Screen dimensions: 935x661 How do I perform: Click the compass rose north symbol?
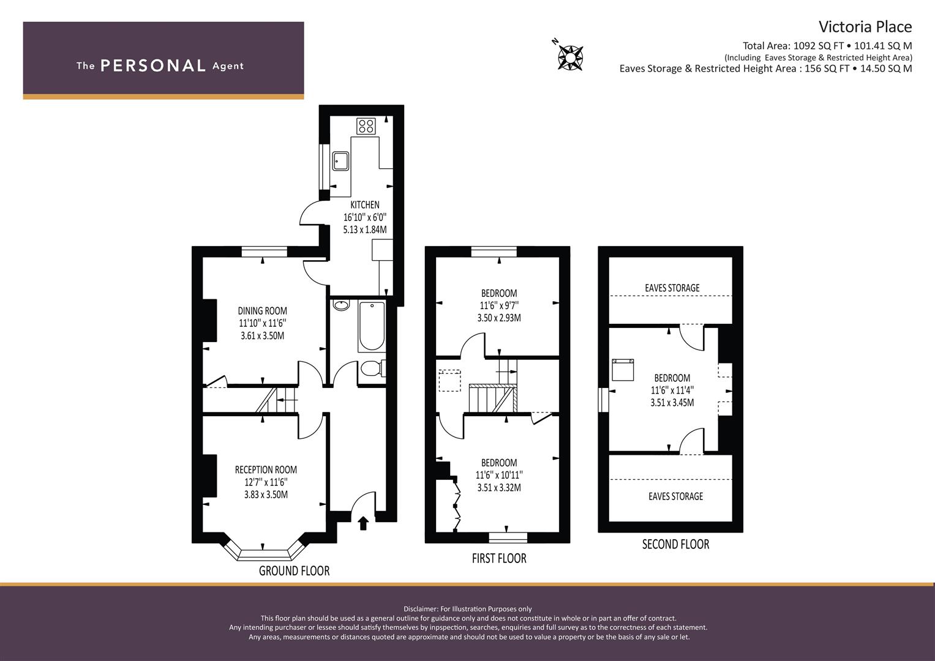tap(570, 57)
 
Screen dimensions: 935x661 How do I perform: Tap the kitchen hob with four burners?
tap(366, 125)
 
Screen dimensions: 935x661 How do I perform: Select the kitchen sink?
tap(340, 161)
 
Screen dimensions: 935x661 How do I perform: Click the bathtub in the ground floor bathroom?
tap(372, 326)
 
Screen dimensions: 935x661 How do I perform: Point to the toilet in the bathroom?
tap(372, 369)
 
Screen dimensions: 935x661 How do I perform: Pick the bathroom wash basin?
tap(341, 305)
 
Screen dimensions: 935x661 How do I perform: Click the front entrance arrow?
tap(363, 523)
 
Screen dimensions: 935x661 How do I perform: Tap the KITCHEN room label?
tap(365, 205)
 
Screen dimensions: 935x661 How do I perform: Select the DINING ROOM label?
tap(263, 311)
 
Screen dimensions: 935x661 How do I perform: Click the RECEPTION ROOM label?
tap(266, 470)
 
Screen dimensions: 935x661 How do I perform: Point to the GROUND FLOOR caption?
tap(295, 571)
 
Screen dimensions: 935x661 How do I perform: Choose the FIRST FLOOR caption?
tap(499, 558)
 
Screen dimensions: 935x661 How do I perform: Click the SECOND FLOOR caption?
tap(676, 544)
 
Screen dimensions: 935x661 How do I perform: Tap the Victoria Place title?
tap(865, 27)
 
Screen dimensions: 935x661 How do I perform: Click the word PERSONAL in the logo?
tap(153, 65)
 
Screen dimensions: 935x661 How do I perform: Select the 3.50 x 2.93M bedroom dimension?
tap(499, 318)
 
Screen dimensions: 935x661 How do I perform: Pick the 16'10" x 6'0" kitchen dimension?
tap(365, 217)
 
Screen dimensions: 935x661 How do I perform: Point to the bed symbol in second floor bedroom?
tap(623, 370)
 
